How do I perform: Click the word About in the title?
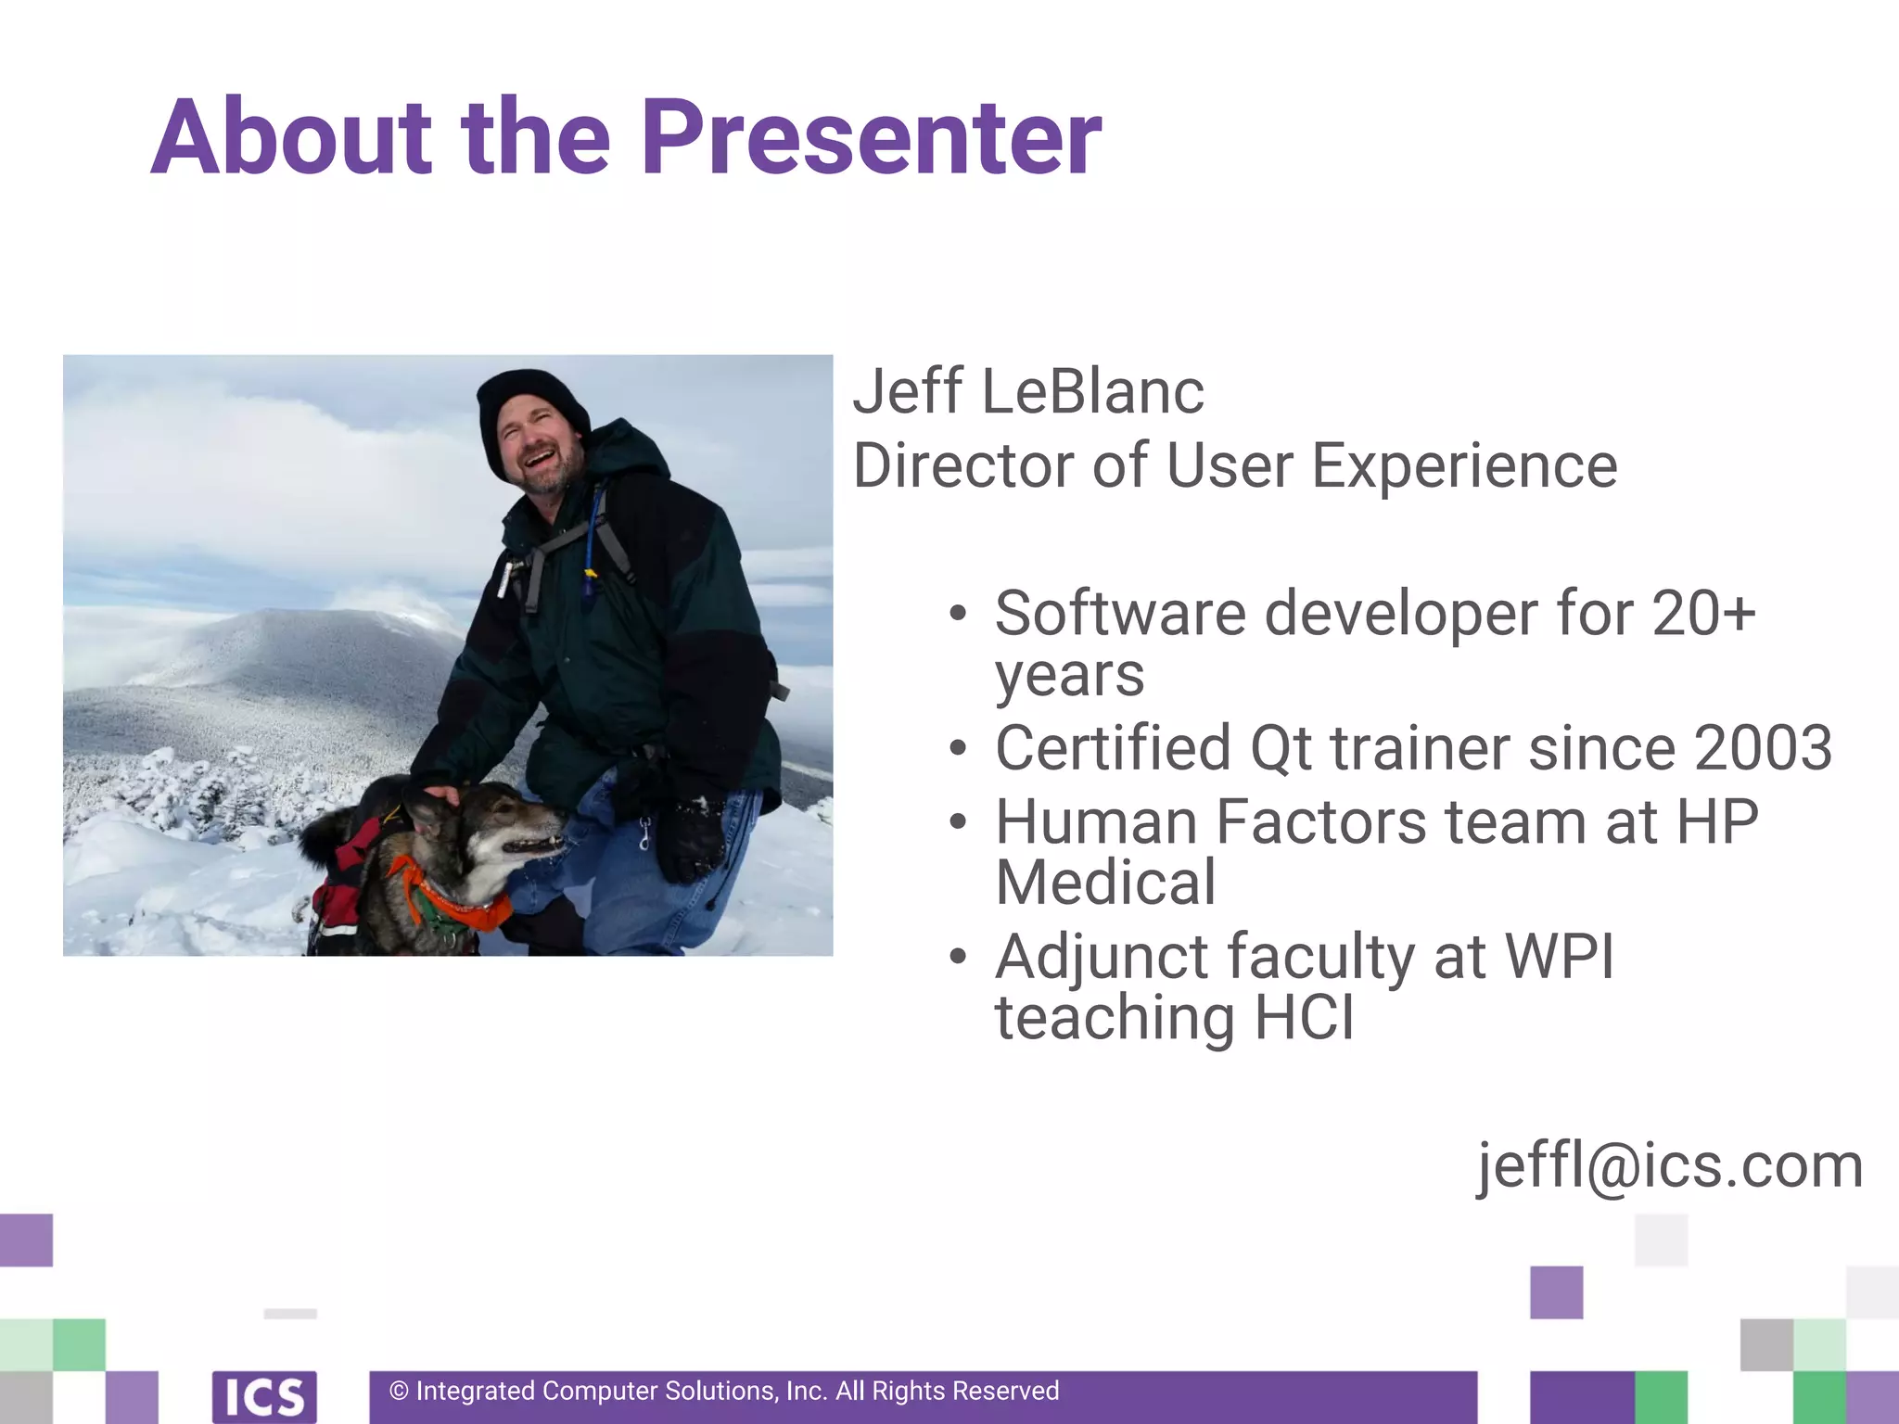point(291,139)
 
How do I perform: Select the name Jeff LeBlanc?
point(1027,391)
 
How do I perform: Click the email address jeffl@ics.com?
point(1669,1165)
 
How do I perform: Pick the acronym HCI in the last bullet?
point(1304,1018)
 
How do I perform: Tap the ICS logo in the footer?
point(264,1396)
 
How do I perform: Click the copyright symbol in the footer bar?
point(399,1392)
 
